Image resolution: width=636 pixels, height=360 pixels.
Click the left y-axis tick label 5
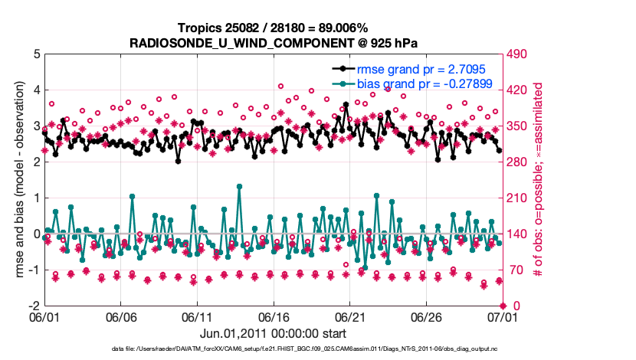click(x=37, y=54)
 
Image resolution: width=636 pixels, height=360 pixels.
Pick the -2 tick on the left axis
click(x=35, y=306)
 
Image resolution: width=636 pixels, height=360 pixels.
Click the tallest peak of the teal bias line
click(x=240, y=186)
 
